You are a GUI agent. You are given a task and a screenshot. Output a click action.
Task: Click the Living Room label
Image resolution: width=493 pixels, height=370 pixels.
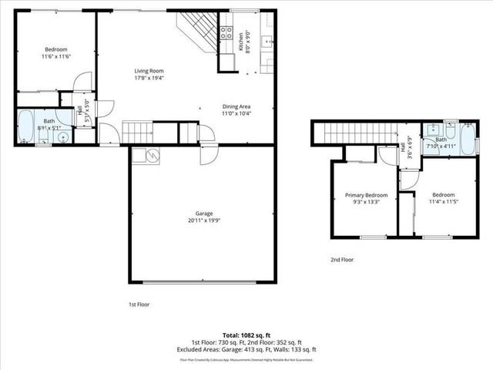[149, 70]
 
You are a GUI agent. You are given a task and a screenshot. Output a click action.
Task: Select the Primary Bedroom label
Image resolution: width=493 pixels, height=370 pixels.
[366, 196]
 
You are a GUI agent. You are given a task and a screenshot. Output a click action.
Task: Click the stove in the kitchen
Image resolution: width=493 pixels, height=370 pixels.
[227, 32]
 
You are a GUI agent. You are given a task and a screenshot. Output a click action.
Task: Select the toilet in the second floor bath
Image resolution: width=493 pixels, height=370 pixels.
[449, 124]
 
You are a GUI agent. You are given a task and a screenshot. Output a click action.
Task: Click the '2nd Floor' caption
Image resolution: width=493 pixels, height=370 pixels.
[342, 260]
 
